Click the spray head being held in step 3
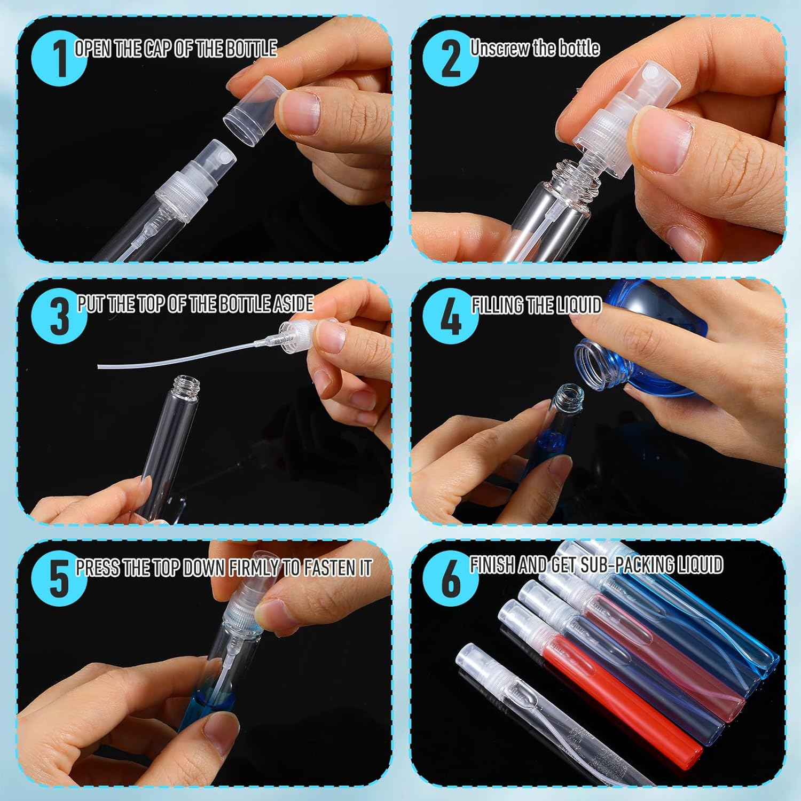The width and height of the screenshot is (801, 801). point(299,335)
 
